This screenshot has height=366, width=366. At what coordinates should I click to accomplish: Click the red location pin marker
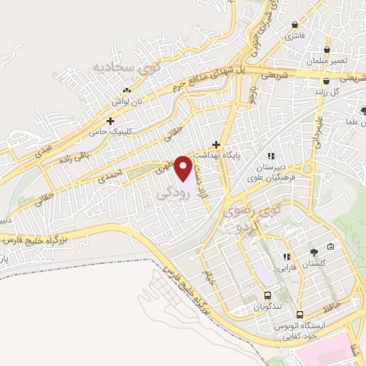(184, 168)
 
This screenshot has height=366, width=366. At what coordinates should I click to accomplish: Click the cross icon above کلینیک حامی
(110, 121)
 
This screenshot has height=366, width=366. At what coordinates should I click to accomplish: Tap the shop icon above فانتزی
(294, 24)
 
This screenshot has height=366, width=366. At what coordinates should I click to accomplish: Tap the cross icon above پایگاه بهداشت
(216, 144)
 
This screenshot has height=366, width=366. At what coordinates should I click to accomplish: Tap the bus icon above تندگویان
(267, 295)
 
